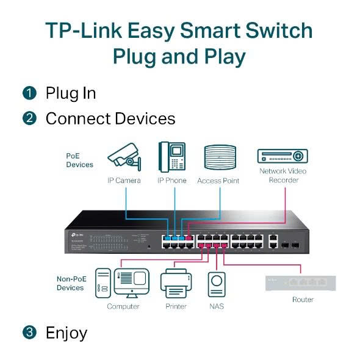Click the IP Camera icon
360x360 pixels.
point(124,157)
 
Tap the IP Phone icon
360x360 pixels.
point(171,157)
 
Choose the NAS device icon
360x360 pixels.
point(216,285)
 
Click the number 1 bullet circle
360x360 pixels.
point(29,93)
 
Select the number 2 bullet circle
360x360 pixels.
point(29,118)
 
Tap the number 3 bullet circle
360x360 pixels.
point(29,333)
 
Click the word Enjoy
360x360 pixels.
point(67,333)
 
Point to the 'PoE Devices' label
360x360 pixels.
point(79,160)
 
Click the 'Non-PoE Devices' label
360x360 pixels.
point(70,283)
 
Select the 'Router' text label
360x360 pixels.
point(303,300)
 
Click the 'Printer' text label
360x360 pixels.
point(176,306)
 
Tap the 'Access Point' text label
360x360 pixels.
point(218,181)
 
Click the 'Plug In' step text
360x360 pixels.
point(70,93)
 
